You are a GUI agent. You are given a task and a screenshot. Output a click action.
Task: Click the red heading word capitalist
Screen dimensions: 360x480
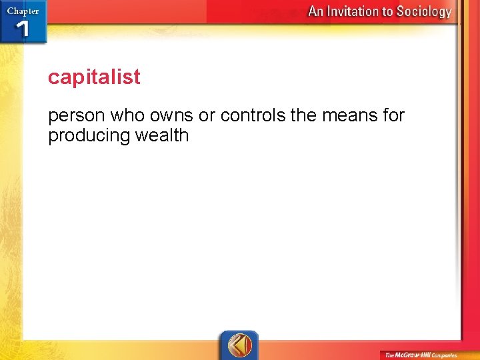94,77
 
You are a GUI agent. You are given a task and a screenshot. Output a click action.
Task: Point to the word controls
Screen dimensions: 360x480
253,115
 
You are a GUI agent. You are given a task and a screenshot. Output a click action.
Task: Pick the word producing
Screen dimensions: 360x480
90,136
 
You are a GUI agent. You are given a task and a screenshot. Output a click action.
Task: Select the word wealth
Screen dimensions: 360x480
163,135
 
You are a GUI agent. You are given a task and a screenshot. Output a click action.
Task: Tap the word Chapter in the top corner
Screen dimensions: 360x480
23,10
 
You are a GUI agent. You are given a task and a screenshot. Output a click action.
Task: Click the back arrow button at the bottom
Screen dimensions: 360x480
239,345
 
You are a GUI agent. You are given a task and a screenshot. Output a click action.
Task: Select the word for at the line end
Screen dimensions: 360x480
393,115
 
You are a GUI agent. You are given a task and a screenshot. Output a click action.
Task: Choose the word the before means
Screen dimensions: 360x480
304,115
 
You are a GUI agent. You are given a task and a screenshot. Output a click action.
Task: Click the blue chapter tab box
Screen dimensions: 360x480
23,22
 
